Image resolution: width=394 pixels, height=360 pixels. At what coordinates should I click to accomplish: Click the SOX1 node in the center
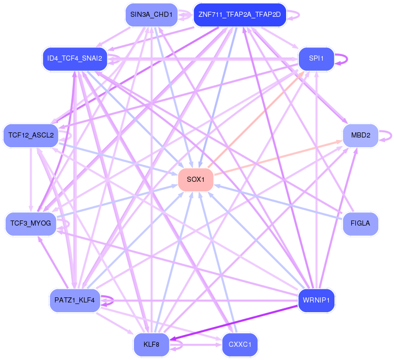click(x=196, y=180)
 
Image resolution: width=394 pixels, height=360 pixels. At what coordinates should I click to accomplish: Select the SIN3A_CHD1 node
click(x=152, y=15)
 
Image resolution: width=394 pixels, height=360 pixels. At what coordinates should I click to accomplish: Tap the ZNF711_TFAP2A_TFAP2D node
click(x=240, y=15)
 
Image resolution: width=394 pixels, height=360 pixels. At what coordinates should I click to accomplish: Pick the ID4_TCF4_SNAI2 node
click(x=75, y=59)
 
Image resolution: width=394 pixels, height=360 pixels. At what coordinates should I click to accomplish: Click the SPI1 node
click(x=316, y=59)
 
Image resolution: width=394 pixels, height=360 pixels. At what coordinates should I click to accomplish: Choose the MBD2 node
click(x=360, y=136)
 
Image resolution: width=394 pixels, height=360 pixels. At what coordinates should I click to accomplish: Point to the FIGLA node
click(x=360, y=224)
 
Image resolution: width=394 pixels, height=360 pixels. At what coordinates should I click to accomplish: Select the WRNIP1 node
click(x=316, y=300)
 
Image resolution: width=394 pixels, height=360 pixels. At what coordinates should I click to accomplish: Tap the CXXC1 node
click(x=240, y=345)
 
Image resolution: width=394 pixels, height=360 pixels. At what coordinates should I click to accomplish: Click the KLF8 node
click(x=152, y=345)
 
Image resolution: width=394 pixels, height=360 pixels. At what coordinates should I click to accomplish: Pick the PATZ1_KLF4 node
click(x=75, y=300)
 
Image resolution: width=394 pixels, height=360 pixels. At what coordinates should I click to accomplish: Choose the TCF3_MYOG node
click(x=31, y=224)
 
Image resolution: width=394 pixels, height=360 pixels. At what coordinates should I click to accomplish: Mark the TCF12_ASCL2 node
click(x=31, y=136)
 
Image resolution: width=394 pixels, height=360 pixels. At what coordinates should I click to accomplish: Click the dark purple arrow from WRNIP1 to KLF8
click(x=234, y=323)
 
